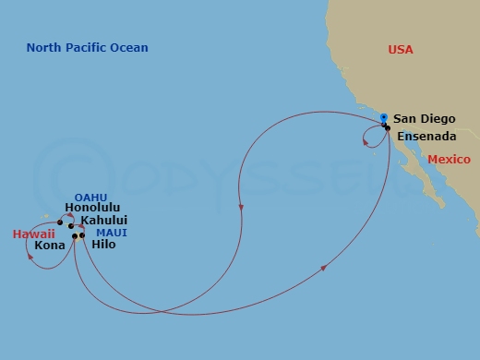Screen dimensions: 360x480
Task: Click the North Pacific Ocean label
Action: pyautogui.click(x=88, y=48)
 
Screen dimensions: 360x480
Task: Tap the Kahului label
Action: pyautogui.click(x=103, y=221)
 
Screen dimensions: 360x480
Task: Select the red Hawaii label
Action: pyautogui.click(x=33, y=234)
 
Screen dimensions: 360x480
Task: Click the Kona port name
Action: pyautogui.click(x=49, y=246)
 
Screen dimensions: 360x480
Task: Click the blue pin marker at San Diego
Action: pyautogui.click(x=383, y=117)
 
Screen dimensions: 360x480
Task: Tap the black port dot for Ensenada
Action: pyautogui.click(x=388, y=126)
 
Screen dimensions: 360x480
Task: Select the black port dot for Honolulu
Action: pyautogui.click(x=60, y=222)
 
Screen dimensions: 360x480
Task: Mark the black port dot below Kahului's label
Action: pyautogui.click(x=71, y=225)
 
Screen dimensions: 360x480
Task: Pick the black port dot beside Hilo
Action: pyautogui.click(x=82, y=235)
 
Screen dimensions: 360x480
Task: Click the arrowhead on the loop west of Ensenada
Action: pyautogui.click(x=366, y=141)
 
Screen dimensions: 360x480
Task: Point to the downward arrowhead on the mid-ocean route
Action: pyautogui.click(x=241, y=208)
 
